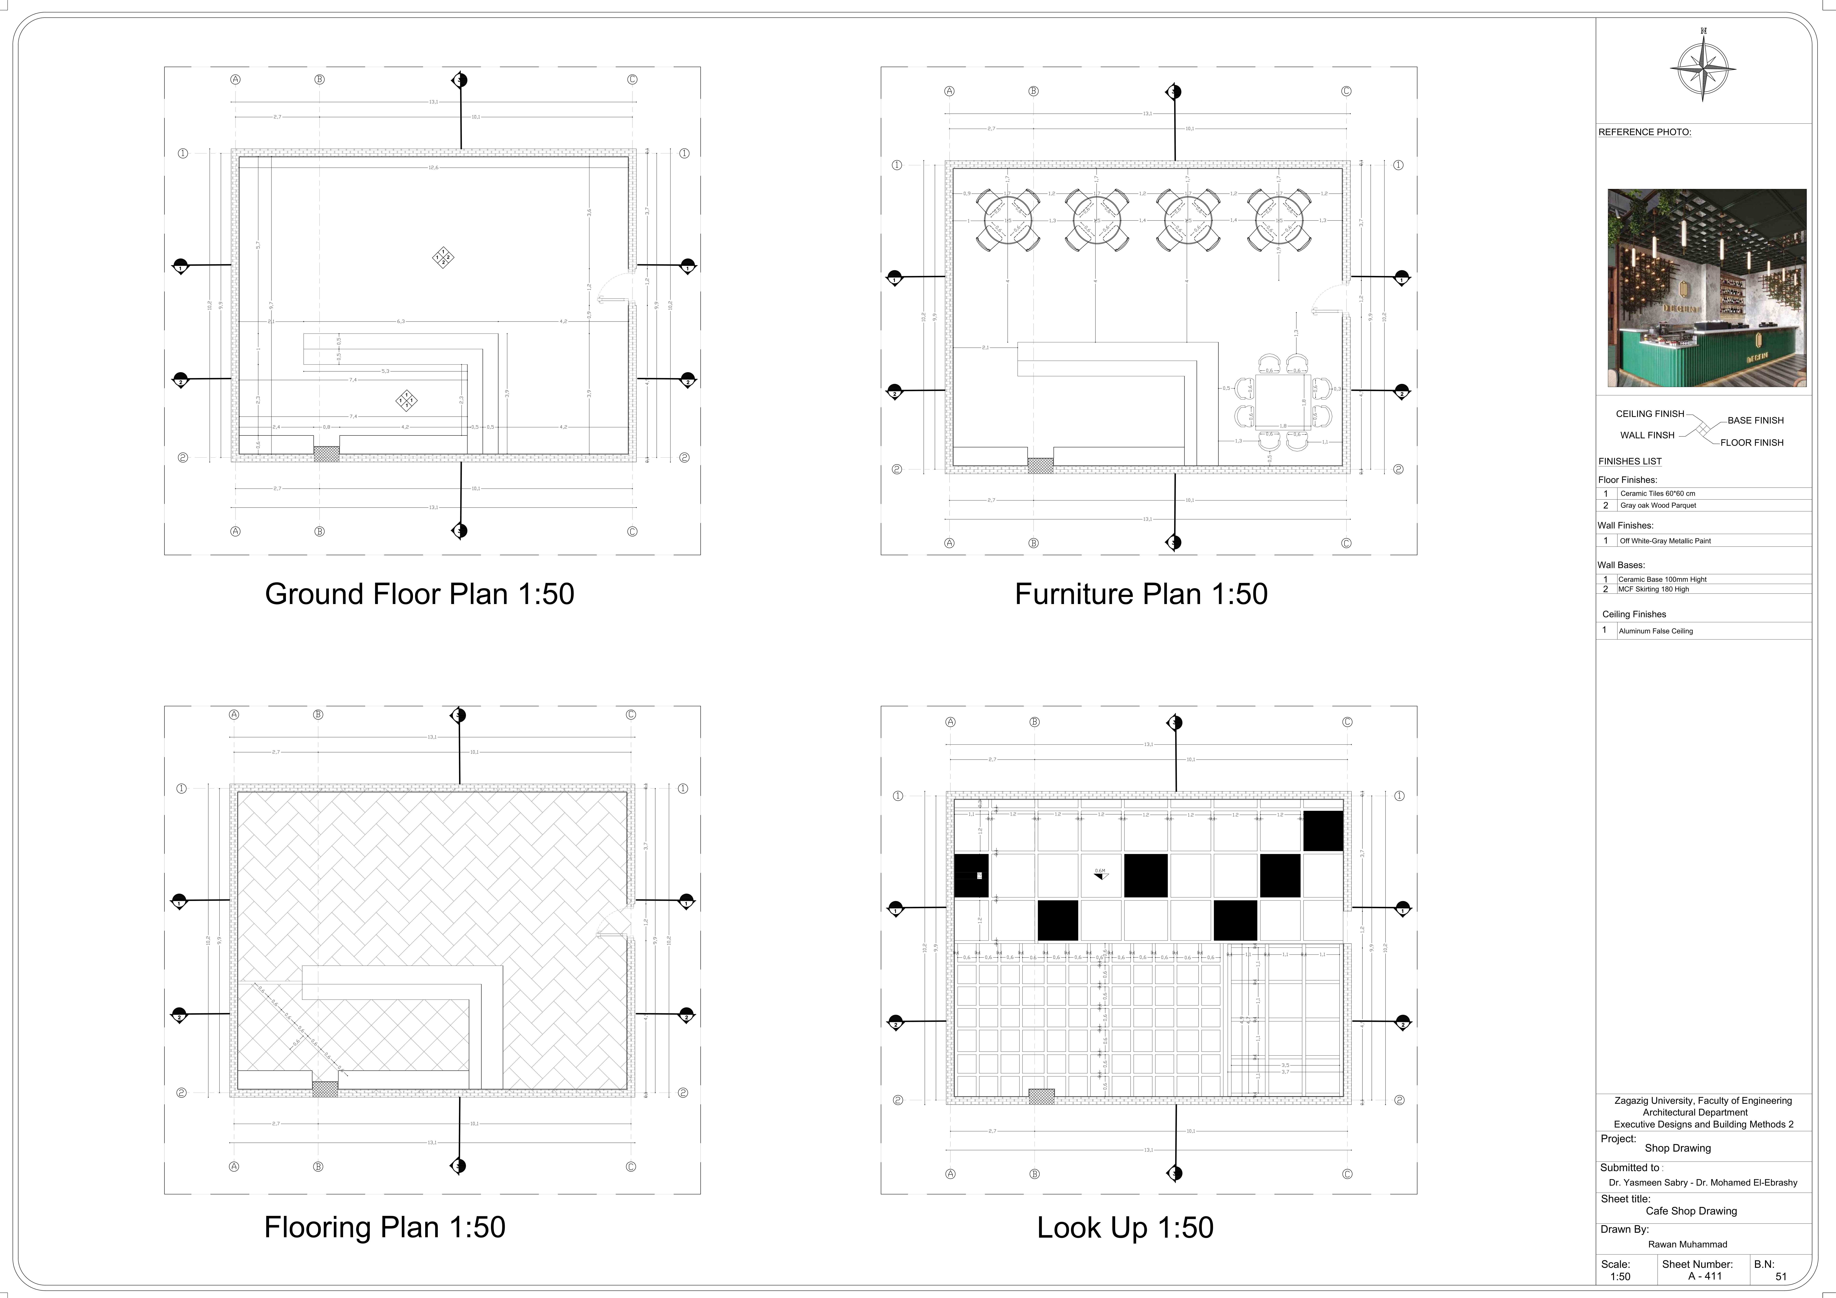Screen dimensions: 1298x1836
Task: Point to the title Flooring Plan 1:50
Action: (x=385, y=1227)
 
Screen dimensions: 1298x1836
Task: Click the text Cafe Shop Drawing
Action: (x=1691, y=1211)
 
